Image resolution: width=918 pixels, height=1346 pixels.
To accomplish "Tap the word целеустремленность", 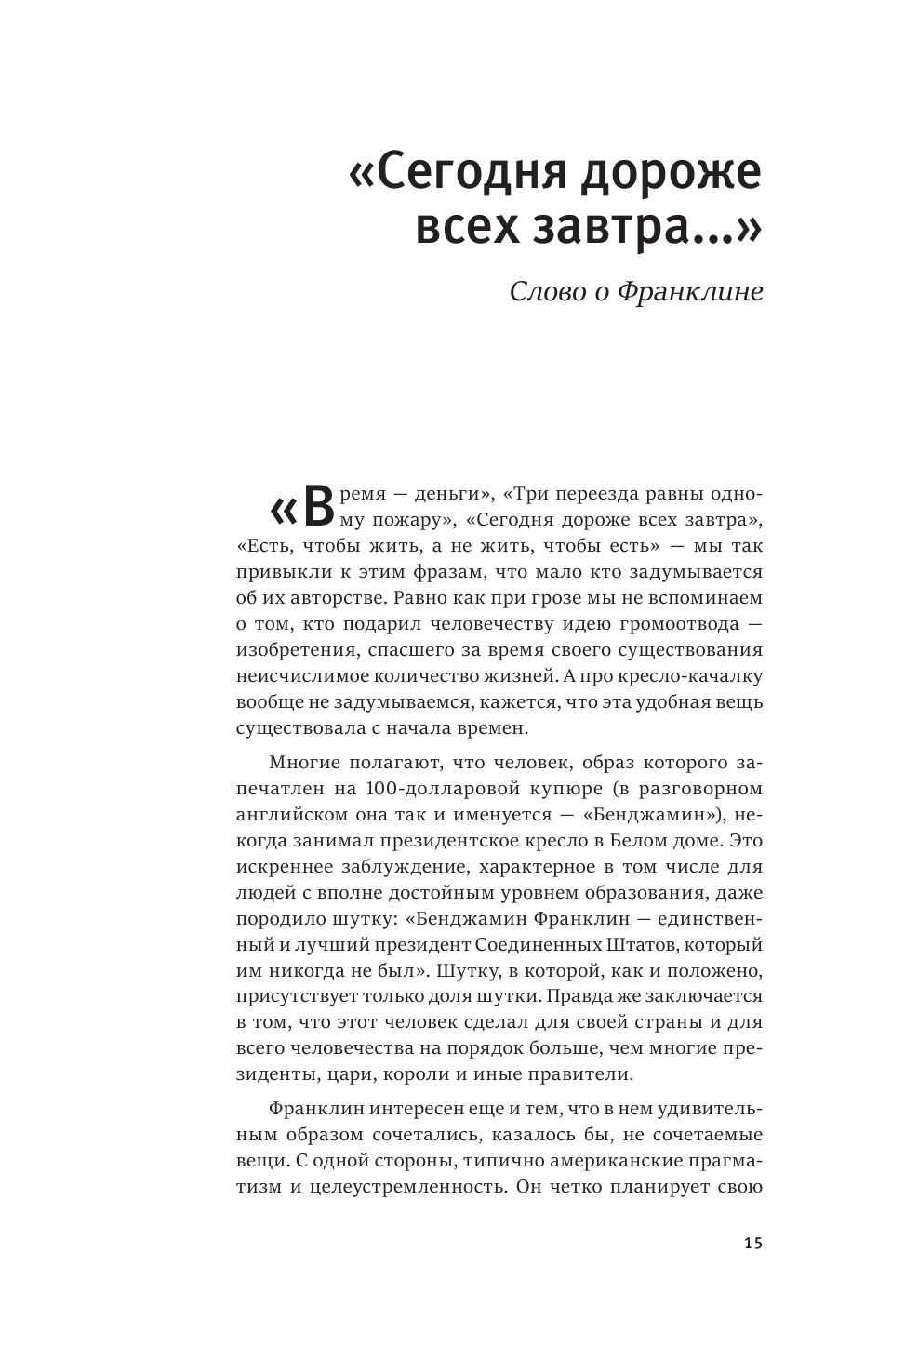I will tap(413, 1188).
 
